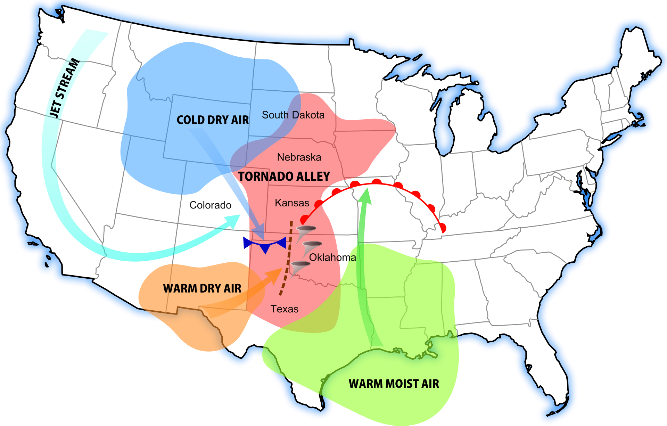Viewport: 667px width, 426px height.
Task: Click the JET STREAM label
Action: click(x=65, y=88)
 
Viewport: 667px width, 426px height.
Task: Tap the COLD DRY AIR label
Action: click(x=213, y=120)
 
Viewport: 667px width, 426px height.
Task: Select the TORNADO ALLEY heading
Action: click(x=284, y=177)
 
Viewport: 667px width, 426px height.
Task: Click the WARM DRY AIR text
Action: click(x=202, y=288)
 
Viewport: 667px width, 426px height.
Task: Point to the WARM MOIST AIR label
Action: click(x=394, y=384)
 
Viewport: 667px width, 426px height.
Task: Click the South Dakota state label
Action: click(x=293, y=115)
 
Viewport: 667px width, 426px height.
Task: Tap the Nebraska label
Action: click(x=299, y=157)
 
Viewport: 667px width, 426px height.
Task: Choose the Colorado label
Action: click(x=211, y=205)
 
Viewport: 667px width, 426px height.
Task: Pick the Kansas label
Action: click(x=292, y=203)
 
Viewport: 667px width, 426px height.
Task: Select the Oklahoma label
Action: click(x=332, y=257)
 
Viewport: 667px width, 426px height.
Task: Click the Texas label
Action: click(x=285, y=309)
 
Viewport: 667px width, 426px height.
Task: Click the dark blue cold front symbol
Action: click(x=265, y=244)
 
